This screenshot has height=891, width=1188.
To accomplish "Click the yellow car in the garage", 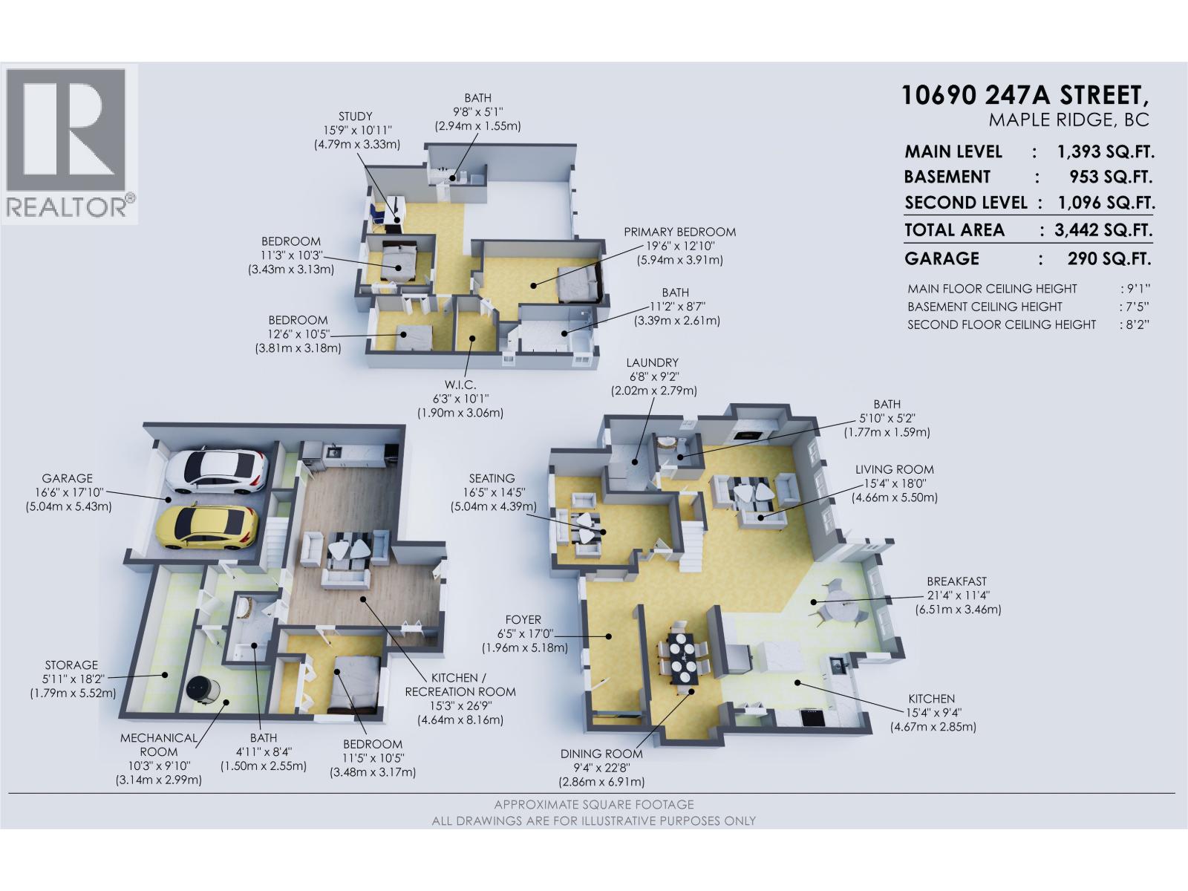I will tap(207, 526).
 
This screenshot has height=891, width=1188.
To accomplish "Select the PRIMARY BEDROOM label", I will tap(679, 232).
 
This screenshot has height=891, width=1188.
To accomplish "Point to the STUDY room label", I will tap(356, 117).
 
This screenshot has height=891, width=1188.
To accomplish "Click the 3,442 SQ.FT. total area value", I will tap(1103, 230).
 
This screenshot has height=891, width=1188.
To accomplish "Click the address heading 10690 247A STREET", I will tap(1025, 96).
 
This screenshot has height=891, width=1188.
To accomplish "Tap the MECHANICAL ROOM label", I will tap(159, 745).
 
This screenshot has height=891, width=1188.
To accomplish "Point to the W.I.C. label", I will tap(460, 385).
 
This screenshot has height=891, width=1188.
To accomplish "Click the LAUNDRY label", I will tap(652, 363).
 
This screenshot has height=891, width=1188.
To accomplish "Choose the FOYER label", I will tap(523, 619).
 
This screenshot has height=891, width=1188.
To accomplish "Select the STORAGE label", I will tap(71, 665).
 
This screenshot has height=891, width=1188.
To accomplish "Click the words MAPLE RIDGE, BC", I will tap(1068, 120).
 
